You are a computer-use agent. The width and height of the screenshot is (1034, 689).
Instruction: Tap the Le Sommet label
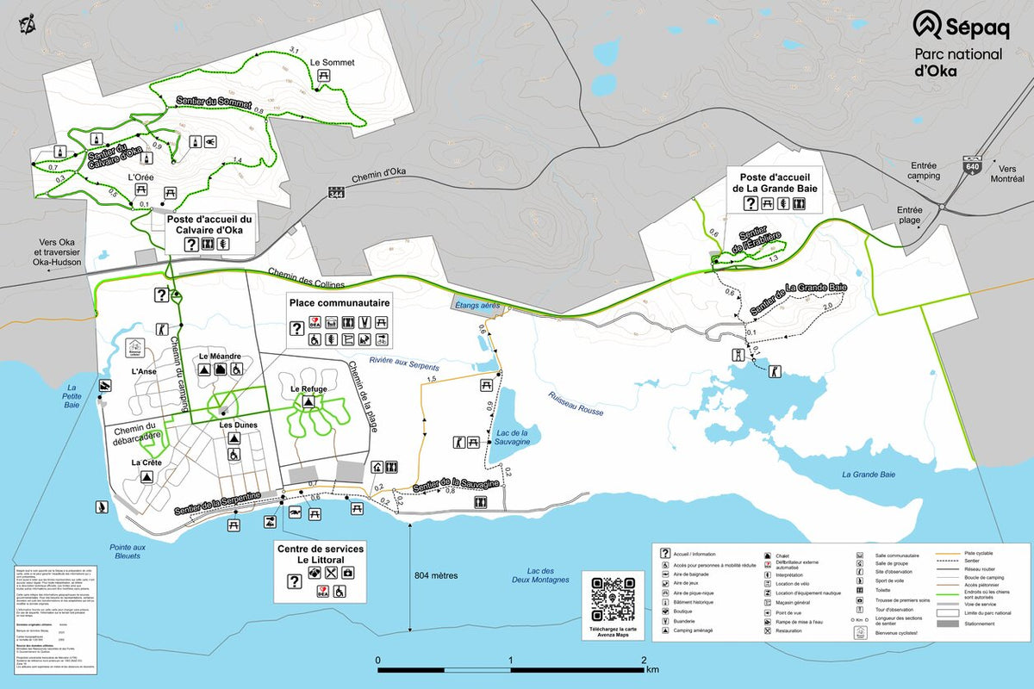327,63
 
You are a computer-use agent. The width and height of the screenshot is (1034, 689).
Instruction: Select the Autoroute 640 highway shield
973,166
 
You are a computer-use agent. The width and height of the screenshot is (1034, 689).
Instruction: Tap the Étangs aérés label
476,305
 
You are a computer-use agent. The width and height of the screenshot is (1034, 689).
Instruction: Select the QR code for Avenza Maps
613,598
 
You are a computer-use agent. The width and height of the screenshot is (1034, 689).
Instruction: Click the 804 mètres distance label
436,575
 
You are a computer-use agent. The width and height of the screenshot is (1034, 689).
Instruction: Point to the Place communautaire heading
339,303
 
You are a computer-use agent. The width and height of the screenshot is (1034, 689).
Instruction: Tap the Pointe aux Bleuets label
128,551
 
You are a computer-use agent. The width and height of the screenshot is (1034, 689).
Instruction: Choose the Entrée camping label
924,171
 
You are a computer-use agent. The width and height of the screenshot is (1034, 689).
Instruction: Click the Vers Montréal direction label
1007,173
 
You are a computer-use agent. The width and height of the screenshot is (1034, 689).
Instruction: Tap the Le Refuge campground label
308,388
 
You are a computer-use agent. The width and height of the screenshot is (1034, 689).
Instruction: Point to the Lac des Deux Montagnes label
547,575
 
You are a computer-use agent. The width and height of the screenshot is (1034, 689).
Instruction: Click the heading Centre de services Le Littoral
320,554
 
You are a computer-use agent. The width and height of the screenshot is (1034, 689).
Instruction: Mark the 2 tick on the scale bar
644,661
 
